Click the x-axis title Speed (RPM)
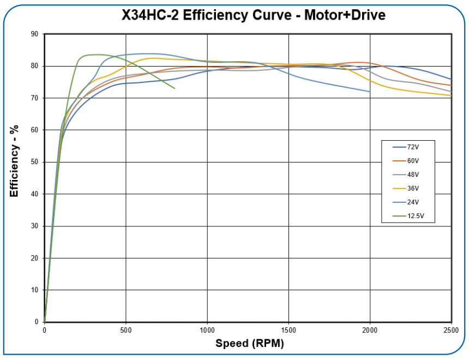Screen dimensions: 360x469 point(249,344)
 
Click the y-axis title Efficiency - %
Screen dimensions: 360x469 point(14,161)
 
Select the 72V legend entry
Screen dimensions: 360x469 point(413,147)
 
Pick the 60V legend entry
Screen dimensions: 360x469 point(413,161)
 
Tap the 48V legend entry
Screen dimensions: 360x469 point(413,175)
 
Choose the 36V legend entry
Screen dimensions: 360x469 point(413,188)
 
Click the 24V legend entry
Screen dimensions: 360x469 point(413,202)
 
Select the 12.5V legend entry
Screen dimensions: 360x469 point(416,216)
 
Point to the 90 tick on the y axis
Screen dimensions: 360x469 point(34,34)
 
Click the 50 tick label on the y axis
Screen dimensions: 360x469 point(34,162)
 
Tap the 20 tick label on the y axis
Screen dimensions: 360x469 point(34,258)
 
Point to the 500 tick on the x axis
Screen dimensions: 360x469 point(126,330)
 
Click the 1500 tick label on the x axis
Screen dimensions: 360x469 point(288,330)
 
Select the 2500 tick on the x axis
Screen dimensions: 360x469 point(451,330)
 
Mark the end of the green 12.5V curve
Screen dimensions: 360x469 point(175,88)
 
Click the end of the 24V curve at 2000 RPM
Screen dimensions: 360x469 point(370,92)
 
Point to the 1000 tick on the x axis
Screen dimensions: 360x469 point(207,330)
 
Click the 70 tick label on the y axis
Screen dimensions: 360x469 point(34,98)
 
